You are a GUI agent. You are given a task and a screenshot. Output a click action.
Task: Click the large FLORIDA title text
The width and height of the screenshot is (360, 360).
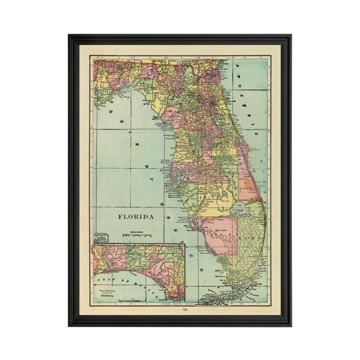136,216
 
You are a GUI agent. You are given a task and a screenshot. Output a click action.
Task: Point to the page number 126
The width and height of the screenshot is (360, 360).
184,310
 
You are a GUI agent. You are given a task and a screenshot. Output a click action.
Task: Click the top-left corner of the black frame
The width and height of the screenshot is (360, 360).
70,36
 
